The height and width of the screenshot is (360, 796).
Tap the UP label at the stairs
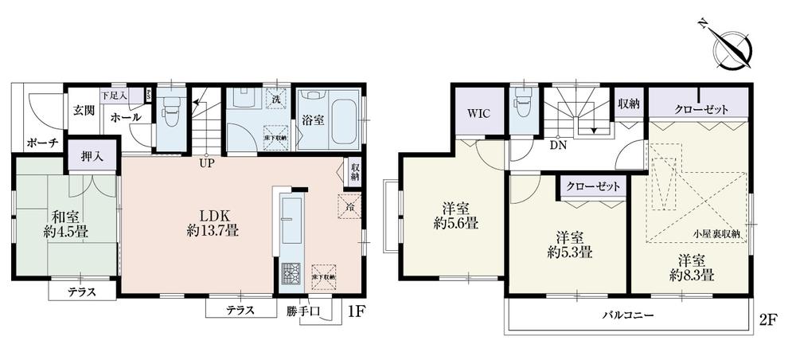(x=206, y=164)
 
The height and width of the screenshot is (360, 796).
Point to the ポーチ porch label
(x=41, y=144)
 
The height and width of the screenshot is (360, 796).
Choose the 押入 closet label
(x=91, y=155)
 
